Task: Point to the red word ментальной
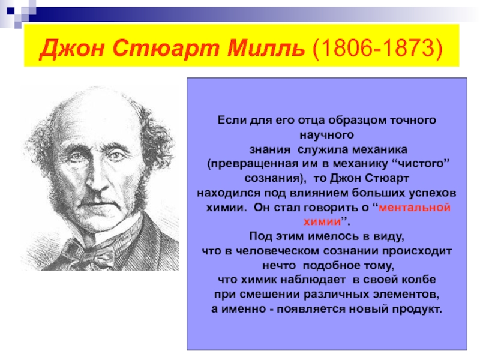[x=415, y=208]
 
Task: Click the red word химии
[x=322, y=221]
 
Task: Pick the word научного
[x=326, y=135]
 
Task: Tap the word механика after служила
[x=380, y=149]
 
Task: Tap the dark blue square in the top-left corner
[x=11, y=11]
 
